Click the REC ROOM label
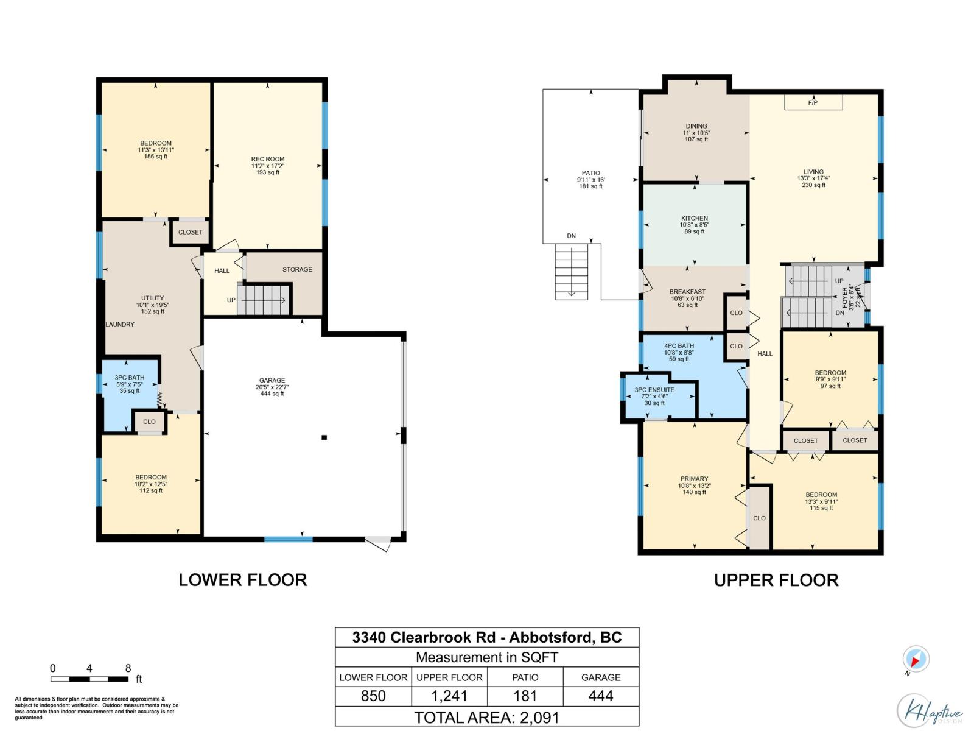[268, 160]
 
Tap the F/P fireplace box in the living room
[813, 102]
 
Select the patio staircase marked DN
[572, 272]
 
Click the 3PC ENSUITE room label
[654, 390]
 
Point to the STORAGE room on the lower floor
[297, 269]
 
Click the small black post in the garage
[324, 437]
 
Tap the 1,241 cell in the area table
[449, 696]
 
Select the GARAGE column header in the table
[601, 677]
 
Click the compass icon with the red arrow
[916, 660]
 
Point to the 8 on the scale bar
[128, 668]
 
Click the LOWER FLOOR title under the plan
[242, 580]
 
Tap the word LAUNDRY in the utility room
[120, 325]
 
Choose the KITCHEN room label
[695, 218]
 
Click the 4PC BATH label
[679, 346]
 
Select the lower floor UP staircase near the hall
[264, 300]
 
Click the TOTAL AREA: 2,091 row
[486, 718]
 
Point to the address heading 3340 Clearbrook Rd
[486, 638]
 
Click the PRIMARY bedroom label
[695, 479]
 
